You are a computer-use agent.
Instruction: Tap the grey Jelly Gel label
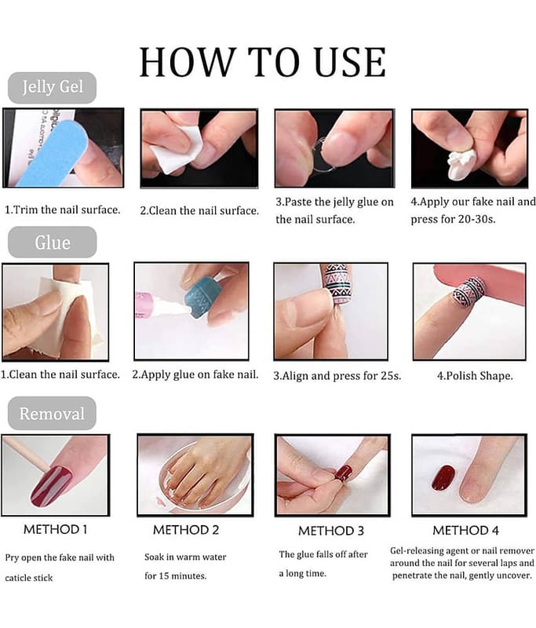pyautogui.click(x=52, y=87)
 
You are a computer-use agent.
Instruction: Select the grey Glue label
pyautogui.click(x=52, y=243)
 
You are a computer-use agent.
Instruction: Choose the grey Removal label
pyautogui.click(x=52, y=414)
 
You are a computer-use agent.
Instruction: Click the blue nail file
pyautogui.click(x=52, y=152)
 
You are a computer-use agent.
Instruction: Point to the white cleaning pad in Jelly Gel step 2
pyautogui.click(x=176, y=149)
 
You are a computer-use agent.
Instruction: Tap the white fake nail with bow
pyautogui.click(x=461, y=164)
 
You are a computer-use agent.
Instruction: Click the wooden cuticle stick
pyautogui.click(x=26, y=455)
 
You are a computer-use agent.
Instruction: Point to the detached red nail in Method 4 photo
pyautogui.click(x=443, y=478)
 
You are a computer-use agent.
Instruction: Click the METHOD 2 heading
pyautogui.click(x=186, y=530)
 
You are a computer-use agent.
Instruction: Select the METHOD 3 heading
pyautogui.click(x=330, y=531)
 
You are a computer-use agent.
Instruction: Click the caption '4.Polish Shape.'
pyautogui.click(x=475, y=376)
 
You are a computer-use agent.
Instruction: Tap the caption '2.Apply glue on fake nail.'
pyautogui.click(x=195, y=374)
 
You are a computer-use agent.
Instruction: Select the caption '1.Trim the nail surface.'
pyautogui.click(x=63, y=210)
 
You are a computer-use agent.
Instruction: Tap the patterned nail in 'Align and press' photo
pyautogui.click(x=339, y=283)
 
